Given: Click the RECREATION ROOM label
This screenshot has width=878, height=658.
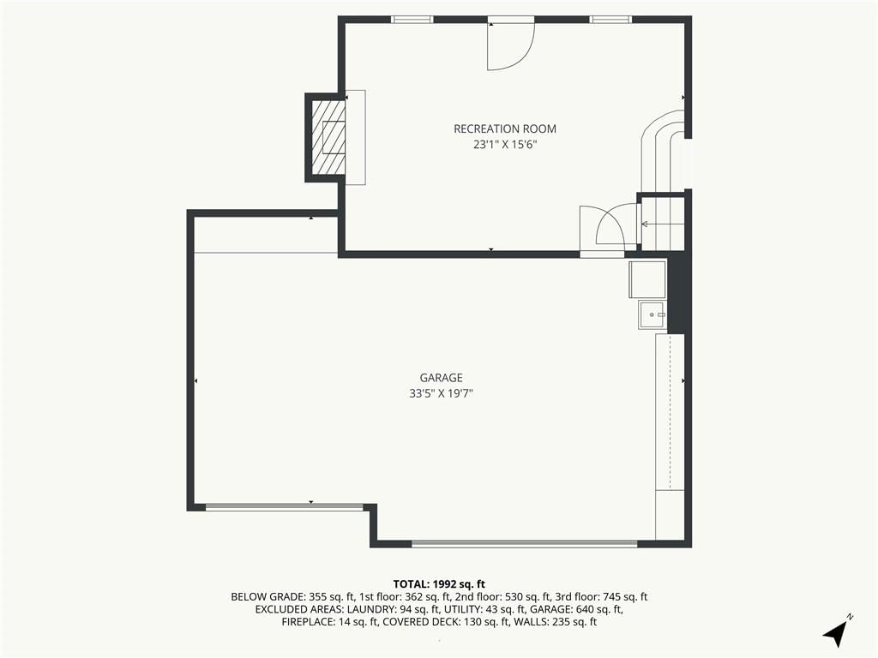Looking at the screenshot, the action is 505,129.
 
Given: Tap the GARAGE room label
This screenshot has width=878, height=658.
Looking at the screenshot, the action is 442,378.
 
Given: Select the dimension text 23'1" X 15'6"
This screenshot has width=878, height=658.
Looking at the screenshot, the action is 505,145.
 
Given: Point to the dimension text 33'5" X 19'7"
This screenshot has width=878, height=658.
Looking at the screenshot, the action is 442,393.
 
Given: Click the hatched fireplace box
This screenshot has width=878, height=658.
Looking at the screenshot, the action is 328,137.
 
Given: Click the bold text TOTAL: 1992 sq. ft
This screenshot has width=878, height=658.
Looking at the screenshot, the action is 439,584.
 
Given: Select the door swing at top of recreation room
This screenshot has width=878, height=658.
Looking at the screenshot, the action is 511,46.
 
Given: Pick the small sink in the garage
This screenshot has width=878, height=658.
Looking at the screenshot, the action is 652,315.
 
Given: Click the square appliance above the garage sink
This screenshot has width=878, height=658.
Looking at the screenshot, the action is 647,279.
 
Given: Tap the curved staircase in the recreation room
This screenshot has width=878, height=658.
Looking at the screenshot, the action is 663,150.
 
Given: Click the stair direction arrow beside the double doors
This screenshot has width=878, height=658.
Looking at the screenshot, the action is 663,224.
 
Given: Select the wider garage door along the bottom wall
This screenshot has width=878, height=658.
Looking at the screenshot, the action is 525,543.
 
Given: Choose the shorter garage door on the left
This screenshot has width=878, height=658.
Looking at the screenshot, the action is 285,507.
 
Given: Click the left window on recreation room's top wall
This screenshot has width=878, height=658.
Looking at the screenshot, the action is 412,20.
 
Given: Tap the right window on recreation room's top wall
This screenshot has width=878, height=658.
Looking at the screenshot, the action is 610,20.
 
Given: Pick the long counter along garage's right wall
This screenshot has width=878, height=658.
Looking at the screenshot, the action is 670,412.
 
